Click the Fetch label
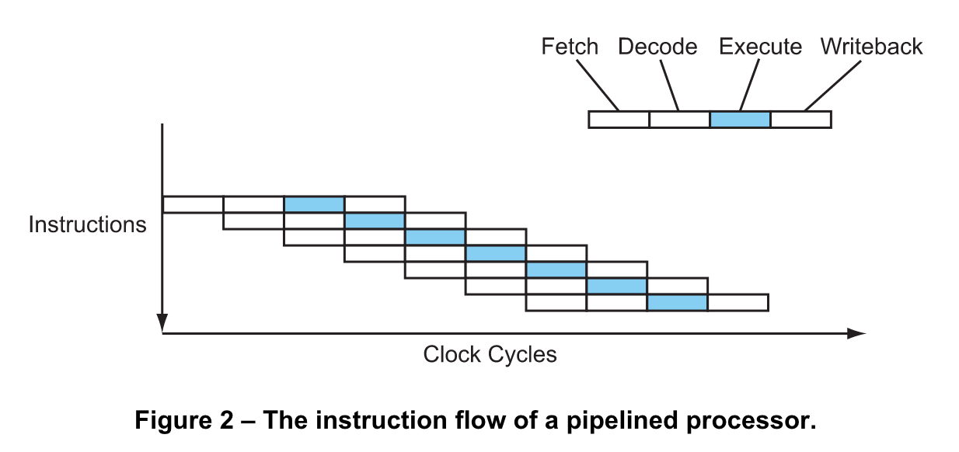pos(570,47)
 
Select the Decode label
pos(657,47)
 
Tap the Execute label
pos(759,47)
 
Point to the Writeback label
pos(871,47)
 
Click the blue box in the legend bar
pos(740,120)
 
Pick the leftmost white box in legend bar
pos(619,120)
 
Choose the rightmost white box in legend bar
pos(800,120)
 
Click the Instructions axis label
pos(87,224)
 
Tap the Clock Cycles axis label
pos(490,355)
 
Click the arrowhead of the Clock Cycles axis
pos(856,333)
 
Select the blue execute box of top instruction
pos(314,204)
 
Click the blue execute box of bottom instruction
pos(677,302)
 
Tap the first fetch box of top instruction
pos(193,204)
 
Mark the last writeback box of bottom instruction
pos(738,302)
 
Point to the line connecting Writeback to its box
pos(832,85)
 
